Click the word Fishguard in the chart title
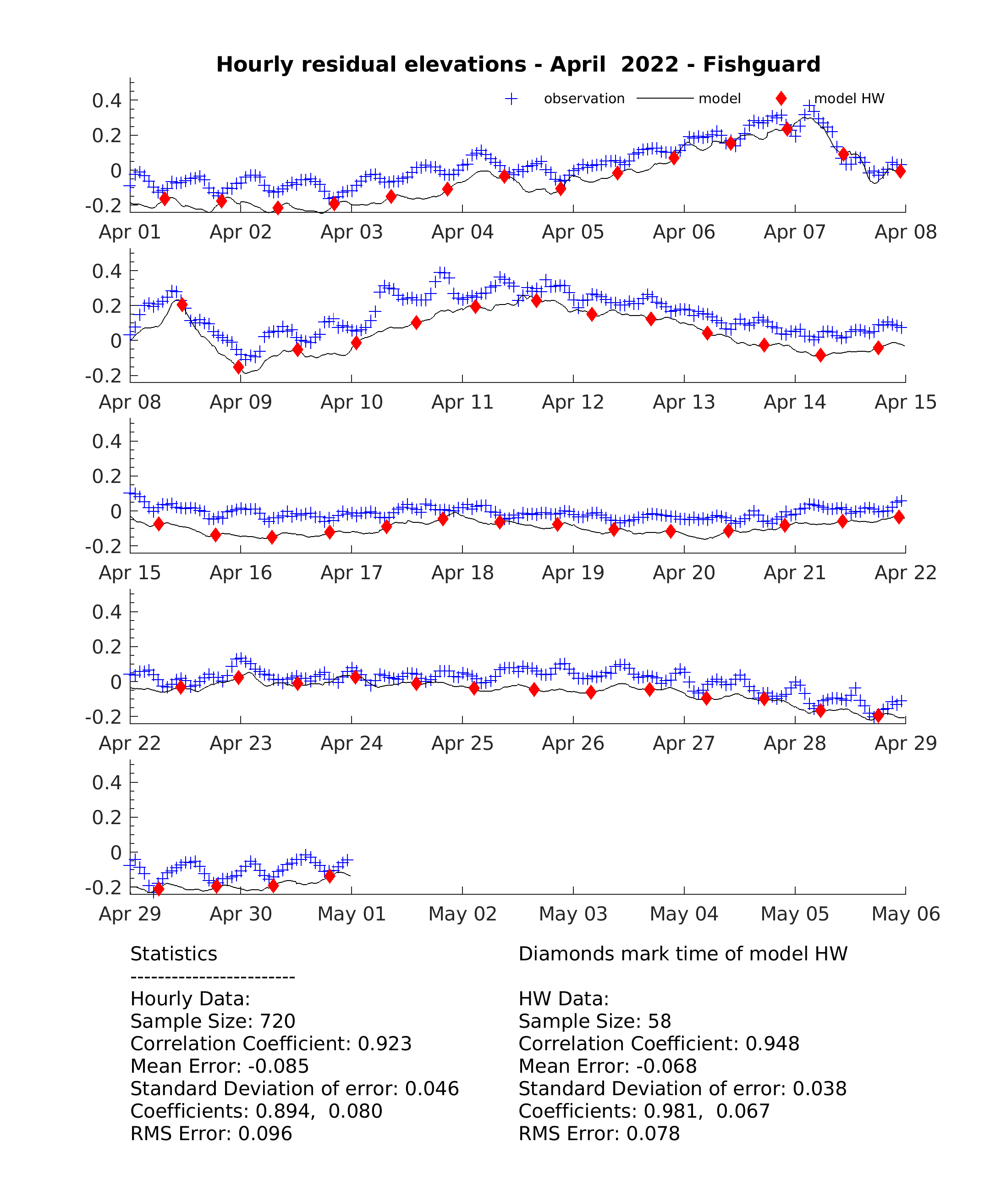tap(761, 64)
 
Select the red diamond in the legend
tap(781, 99)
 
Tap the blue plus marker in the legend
tap(511, 99)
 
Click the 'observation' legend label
tap(584, 99)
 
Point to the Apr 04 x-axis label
tap(462, 232)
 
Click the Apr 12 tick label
tap(572, 402)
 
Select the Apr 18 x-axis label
tap(462, 573)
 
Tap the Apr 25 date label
tap(462, 743)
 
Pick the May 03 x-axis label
tap(572, 914)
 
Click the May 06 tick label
tap(905, 914)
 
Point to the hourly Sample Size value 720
tap(277, 1021)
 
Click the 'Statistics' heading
tap(174, 953)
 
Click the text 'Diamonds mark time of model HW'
tap(682, 953)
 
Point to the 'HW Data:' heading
tap(563, 998)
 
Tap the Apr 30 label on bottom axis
tap(241, 914)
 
